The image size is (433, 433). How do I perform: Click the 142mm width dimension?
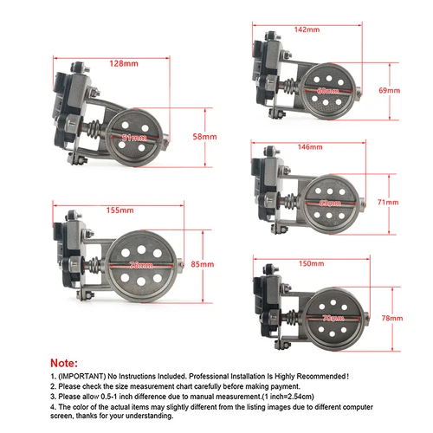click(x=305, y=29)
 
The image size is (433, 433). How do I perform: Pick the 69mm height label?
click(x=390, y=90)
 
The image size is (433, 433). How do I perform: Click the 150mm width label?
click(x=309, y=263)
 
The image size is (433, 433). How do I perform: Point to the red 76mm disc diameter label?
click(x=138, y=264)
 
